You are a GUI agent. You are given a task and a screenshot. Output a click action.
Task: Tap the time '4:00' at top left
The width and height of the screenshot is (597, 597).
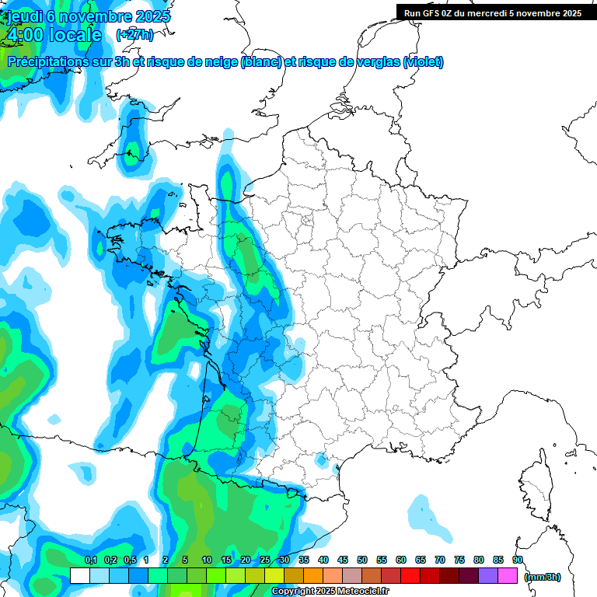point(26,35)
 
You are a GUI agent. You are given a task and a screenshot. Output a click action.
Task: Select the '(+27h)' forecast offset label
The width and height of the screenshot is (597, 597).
point(134,34)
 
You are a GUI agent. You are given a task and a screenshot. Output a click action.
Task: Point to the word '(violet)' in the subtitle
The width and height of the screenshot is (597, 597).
point(423,62)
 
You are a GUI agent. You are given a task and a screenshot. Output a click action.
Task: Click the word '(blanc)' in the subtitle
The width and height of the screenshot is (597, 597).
point(262,62)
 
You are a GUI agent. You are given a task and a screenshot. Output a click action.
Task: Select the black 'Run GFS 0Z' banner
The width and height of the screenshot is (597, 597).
point(496,12)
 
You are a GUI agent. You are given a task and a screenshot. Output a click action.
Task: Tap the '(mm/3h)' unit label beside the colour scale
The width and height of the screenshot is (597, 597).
point(542,577)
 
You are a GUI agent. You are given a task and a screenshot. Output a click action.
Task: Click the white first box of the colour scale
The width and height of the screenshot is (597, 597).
point(80,576)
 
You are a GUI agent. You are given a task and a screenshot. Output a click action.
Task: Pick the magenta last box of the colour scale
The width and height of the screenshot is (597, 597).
point(508,576)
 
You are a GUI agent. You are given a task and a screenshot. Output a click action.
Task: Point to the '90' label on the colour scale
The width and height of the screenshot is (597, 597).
point(518,560)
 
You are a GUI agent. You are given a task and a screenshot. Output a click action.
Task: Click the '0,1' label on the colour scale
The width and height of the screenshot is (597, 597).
point(90,560)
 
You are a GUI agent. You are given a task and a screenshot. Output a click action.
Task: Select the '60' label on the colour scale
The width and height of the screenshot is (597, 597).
point(401,560)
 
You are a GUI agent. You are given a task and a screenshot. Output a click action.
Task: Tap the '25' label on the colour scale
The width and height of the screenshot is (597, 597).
point(264,560)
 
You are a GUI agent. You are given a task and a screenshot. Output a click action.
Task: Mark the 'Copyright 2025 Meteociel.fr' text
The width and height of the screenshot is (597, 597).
point(330,592)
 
